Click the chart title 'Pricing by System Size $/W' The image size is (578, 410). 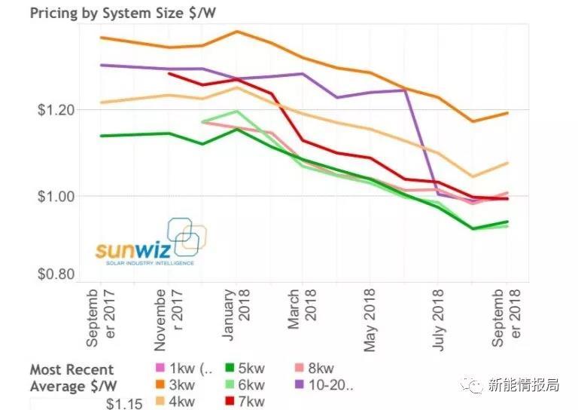click(x=120, y=12)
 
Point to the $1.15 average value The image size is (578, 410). click(x=122, y=403)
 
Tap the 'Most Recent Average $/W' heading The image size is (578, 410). click(x=72, y=378)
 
